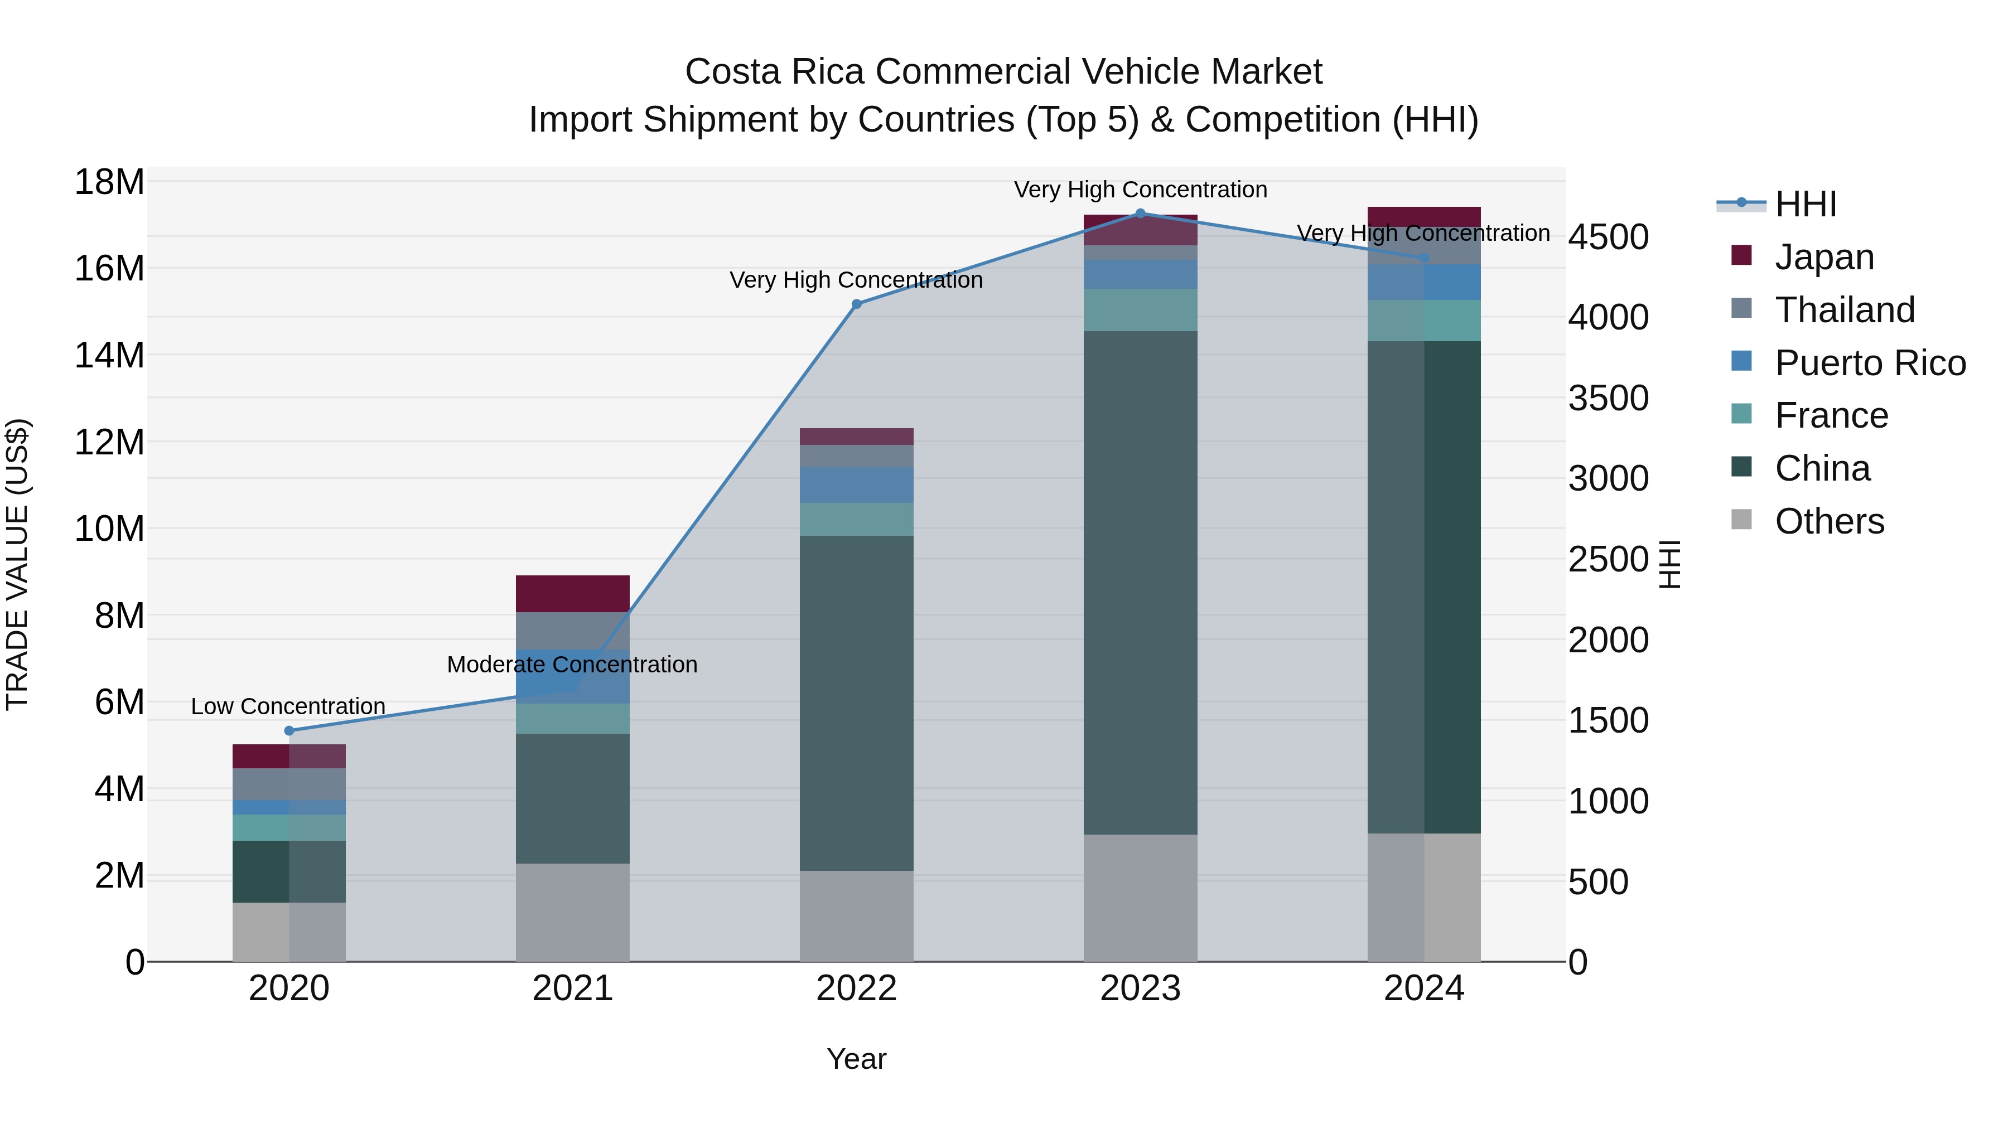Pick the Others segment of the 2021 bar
(572, 912)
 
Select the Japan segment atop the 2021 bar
(572, 594)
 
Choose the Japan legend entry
(1823, 257)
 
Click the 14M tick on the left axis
(109, 355)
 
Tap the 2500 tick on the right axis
(1608, 559)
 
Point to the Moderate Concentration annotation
(572, 665)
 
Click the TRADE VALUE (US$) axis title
(18, 564)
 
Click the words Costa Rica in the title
(775, 72)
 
